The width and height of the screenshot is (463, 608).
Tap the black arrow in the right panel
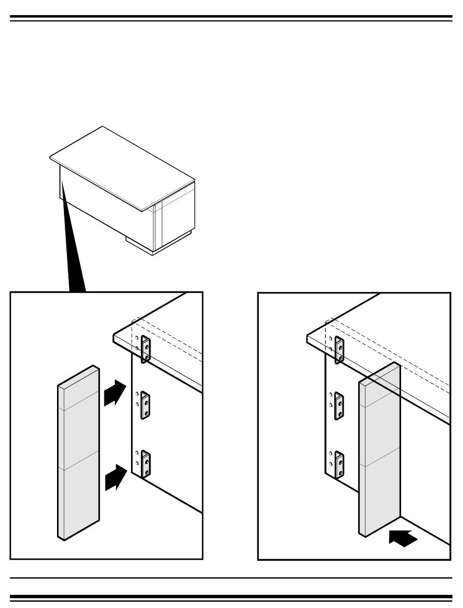pos(403,538)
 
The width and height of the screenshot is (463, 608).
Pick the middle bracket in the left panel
pos(145,406)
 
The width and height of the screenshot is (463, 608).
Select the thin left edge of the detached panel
pos(60,463)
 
